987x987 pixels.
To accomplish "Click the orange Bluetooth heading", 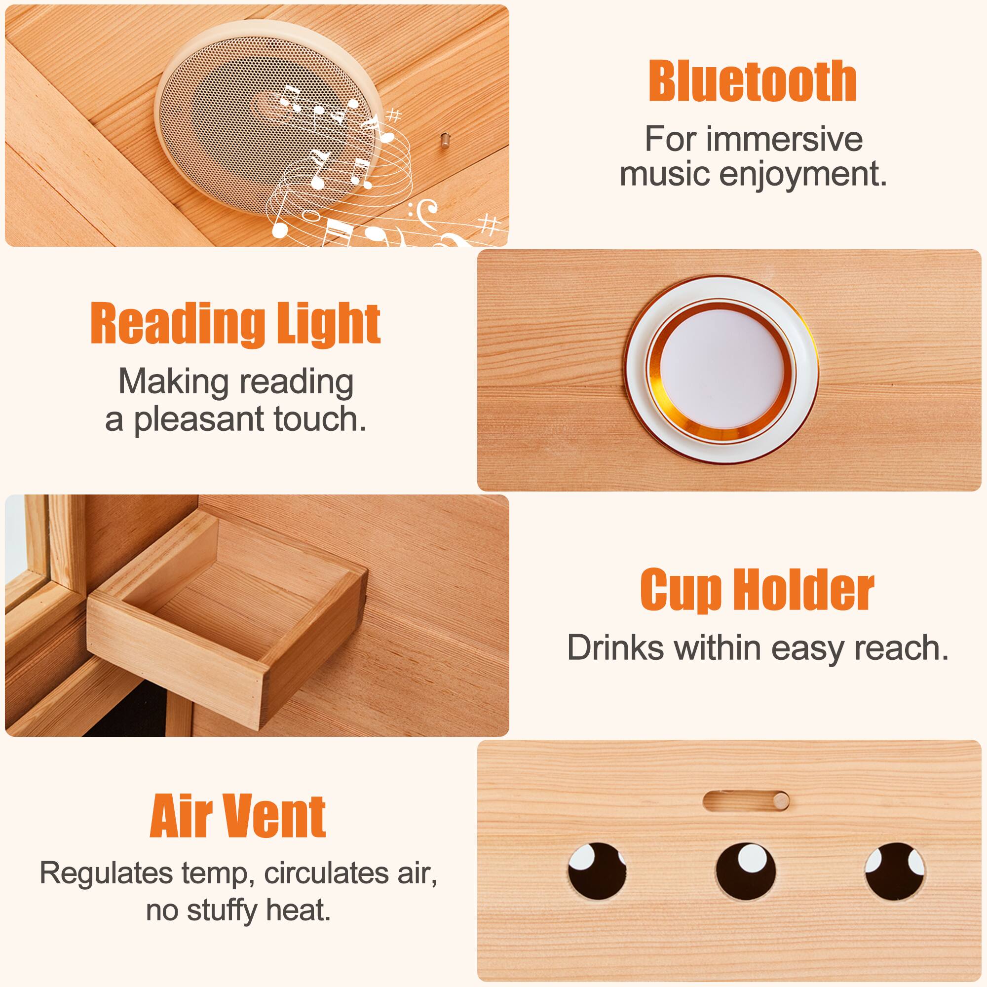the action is pyautogui.click(x=753, y=81).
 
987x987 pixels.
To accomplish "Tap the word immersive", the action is pyautogui.click(x=785, y=139).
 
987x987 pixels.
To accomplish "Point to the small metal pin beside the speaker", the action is pyautogui.click(x=445, y=141).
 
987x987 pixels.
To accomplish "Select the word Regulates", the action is pyautogui.click(x=106, y=873).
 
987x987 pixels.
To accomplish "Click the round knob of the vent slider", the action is pyautogui.click(x=781, y=800).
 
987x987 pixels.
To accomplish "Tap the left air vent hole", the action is pyautogui.click(x=597, y=872).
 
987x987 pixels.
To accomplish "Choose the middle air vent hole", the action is pyautogui.click(x=745, y=872).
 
